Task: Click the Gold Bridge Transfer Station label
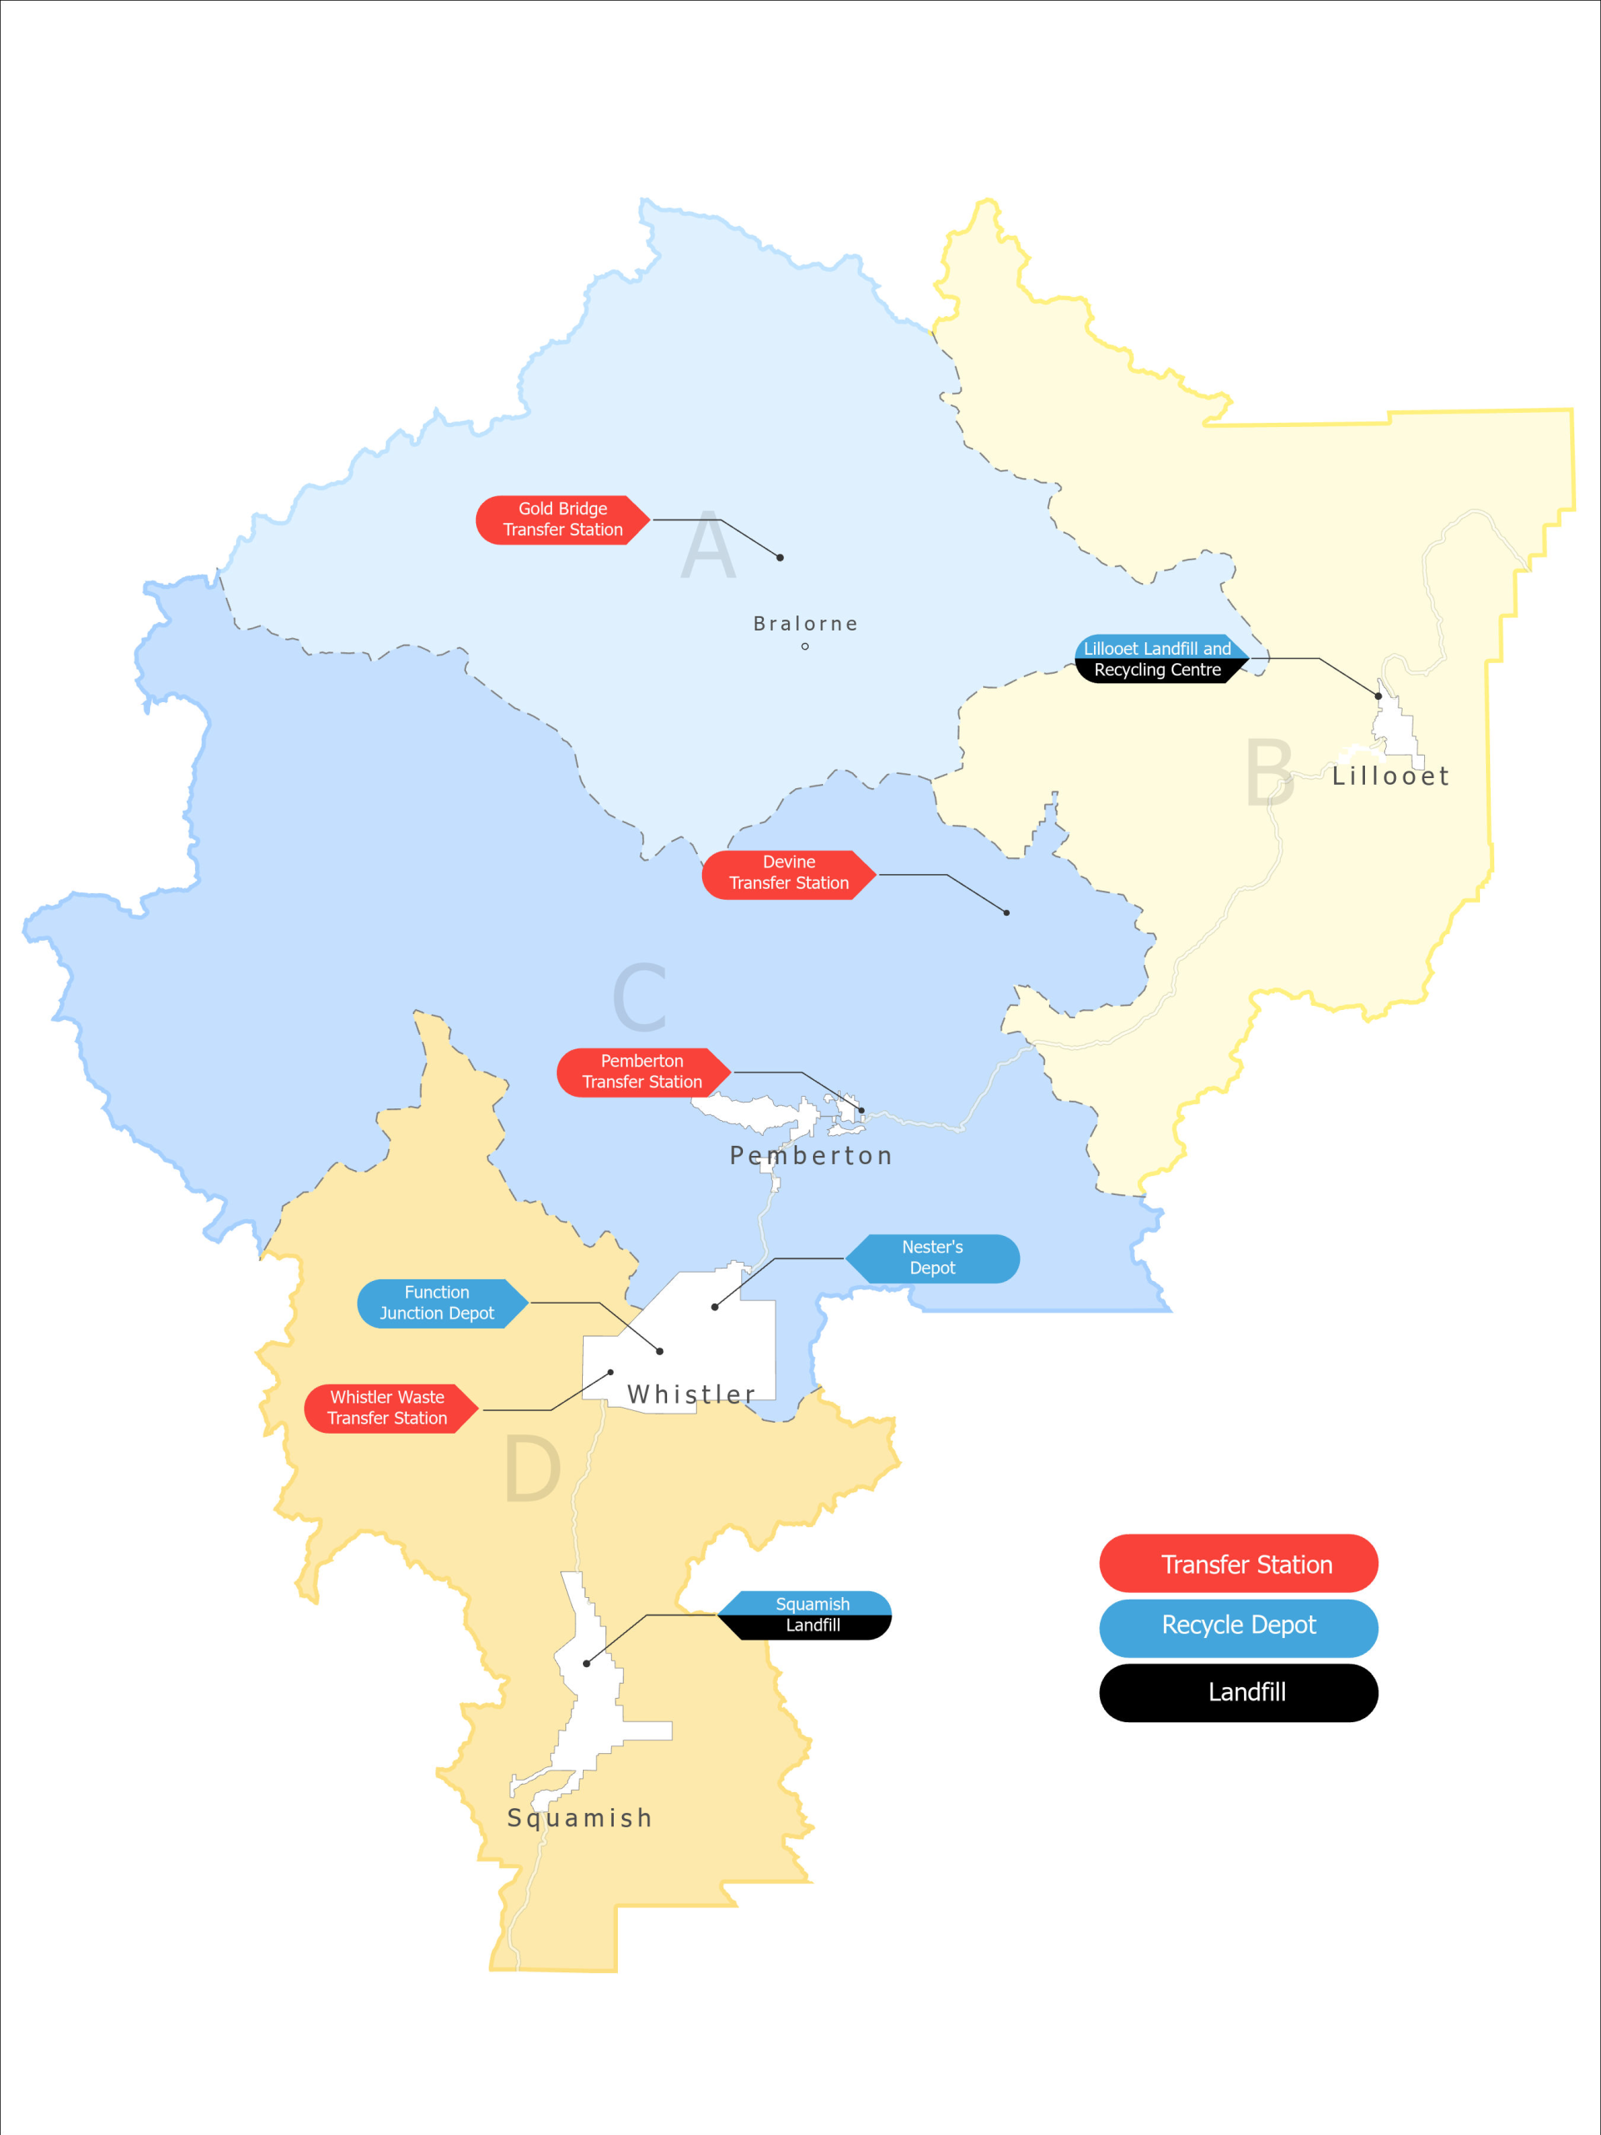point(563,520)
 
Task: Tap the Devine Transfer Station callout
point(789,873)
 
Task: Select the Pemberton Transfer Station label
point(643,1073)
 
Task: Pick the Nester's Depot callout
point(932,1258)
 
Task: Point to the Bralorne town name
point(805,624)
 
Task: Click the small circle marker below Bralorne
point(805,646)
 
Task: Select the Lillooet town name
point(1391,776)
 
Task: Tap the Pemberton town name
point(811,1155)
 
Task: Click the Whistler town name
point(691,1394)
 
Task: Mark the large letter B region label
point(1269,772)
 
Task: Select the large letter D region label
point(532,1469)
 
